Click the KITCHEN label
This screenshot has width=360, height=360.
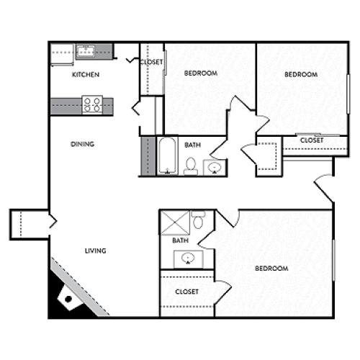(86, 75)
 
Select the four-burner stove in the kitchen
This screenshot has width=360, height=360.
(93, 105)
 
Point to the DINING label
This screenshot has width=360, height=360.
(83, 144)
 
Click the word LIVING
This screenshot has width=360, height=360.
(96, 251)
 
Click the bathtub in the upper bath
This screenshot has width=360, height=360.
(166, 156)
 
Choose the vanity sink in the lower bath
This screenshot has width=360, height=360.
(188, 258)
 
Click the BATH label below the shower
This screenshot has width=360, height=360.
(181, 240)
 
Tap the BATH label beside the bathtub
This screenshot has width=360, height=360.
(192, 145)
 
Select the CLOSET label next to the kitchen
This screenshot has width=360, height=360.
(151, 62)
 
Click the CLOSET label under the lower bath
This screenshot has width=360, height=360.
(187, 292)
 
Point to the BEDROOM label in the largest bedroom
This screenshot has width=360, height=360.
(271, 269)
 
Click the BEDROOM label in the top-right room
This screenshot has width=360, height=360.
(300, 74)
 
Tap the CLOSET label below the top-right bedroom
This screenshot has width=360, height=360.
(311, 140)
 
